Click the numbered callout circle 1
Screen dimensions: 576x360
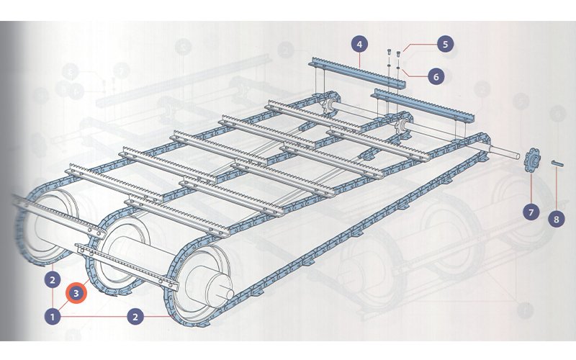(53, 316)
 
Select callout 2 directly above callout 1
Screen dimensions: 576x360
(53, 280)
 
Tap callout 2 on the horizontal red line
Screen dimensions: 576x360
(135, 316)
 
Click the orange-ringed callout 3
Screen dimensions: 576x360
(76, 293)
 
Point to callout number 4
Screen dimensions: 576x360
(359, 45)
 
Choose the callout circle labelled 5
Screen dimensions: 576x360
(445, 45)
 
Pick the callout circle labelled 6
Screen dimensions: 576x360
(436, 76)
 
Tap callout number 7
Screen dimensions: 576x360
(531, 212)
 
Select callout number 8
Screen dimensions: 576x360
(557, 219)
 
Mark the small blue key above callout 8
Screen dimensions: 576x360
(557, 163)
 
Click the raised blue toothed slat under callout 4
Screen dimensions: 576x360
(357, 73)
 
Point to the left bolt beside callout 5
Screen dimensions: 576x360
(390, 52)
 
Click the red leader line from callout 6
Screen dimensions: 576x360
(413, 73)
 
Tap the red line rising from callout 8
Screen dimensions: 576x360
(557, 189)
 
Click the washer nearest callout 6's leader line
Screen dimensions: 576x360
(399, 68)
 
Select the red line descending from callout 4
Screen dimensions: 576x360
(359, 59)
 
